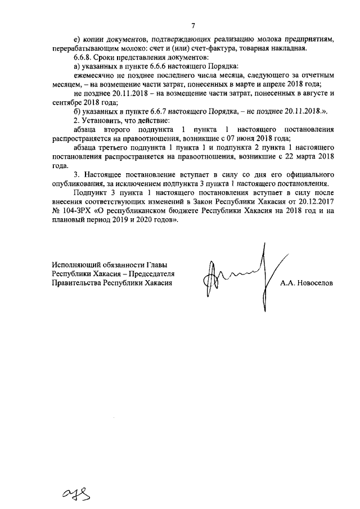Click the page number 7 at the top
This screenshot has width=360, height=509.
coord(192,25)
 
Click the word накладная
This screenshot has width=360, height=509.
coord(286,48)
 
